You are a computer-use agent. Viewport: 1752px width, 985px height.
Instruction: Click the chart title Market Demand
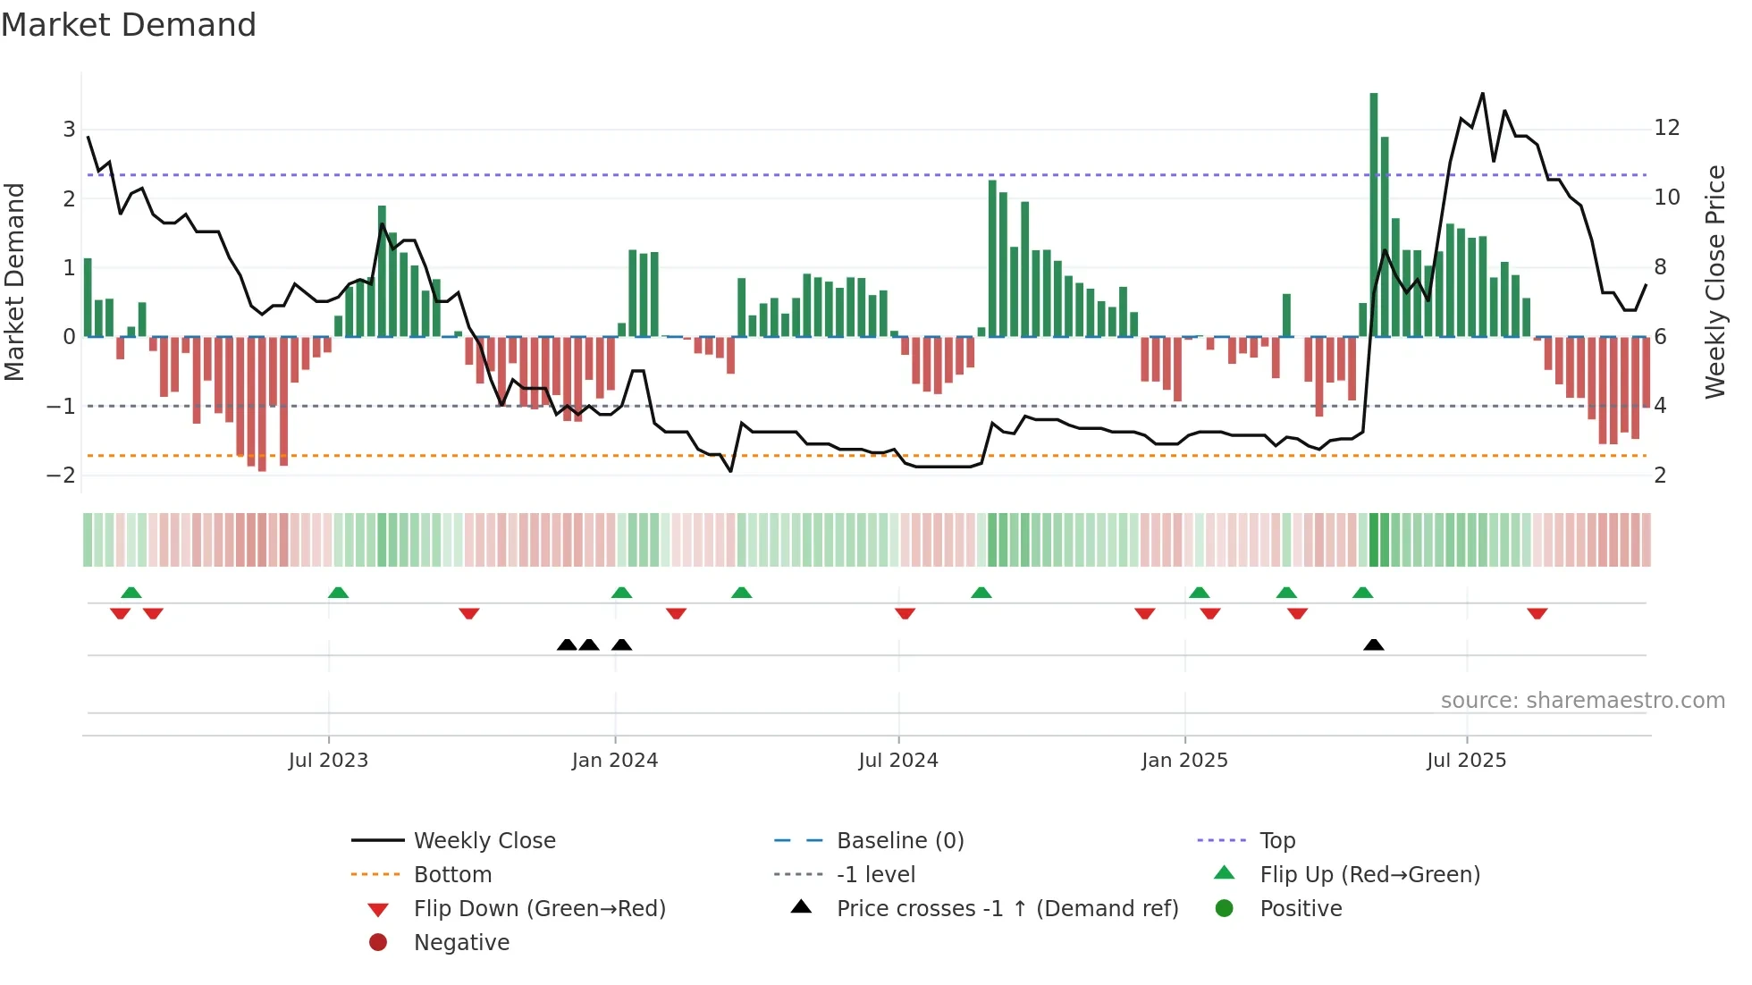point(129,25)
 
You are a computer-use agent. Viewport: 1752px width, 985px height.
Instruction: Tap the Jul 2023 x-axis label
point(328,761)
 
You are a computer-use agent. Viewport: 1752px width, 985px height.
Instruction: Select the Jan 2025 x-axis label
point(1184,761)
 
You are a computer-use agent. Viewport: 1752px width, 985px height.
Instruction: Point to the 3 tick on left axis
point(69,130)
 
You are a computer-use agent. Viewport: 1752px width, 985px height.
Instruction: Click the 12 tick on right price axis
point(1667,128)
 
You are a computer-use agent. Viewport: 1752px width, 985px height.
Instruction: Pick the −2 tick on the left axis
point(62,476)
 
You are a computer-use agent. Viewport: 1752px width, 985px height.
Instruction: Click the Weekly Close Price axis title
point(1714,282)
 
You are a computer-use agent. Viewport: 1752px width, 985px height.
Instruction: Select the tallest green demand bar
point(1374,215)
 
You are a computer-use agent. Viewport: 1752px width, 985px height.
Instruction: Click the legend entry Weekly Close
point(484,841)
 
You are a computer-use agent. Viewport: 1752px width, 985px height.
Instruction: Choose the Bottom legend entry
point(452,875)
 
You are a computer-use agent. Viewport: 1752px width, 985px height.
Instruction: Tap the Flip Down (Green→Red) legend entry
point(539,909)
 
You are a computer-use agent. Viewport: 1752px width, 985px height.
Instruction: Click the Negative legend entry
point(461,943)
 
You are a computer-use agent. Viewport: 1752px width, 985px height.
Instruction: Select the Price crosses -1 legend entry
point(1007,909)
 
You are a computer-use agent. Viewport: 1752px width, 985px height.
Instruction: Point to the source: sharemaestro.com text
point(1582,701)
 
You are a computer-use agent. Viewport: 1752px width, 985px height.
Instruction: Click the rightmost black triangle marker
point(1374,645)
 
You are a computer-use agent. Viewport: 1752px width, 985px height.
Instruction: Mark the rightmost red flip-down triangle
point(1537,613)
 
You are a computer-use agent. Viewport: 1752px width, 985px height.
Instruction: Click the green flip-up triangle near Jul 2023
point(338,593)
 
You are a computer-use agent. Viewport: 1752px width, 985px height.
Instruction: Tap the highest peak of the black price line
point(1483,94)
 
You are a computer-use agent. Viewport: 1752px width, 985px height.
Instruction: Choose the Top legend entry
point(1276,841)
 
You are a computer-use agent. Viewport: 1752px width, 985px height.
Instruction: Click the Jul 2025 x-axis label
point(1466,761)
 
